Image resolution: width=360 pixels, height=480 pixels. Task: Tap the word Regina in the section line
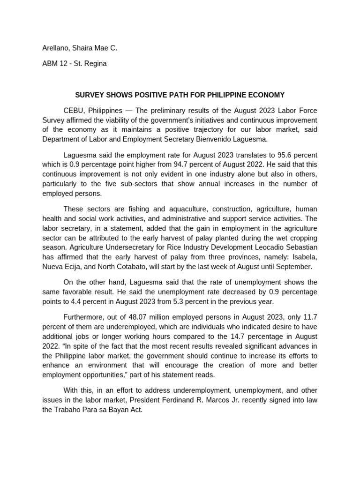click(x=95, y=63)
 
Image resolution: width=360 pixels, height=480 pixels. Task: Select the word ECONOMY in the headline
click(x=267, y=95)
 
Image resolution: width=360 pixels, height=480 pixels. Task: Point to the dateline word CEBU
click(x=73, y=110)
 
